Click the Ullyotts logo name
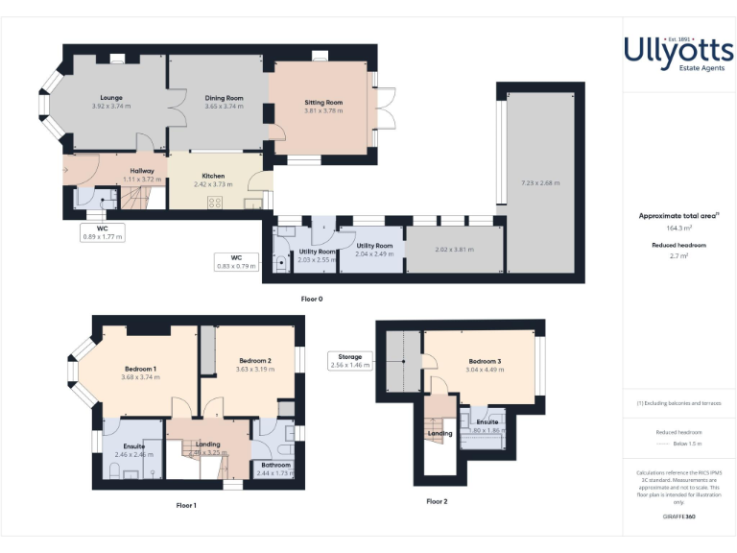[x=678, y=48]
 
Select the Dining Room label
[x=224, y=98]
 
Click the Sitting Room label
[x=323, y=103]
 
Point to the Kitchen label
[x=213, y=177]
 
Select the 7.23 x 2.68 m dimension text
[x=540, y=182]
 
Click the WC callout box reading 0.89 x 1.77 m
[x=103, y=231]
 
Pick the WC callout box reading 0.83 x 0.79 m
[x=236, y=261]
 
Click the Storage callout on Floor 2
[x=350, y=361]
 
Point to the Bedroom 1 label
[x=140, y=370]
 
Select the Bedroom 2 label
[x=254, y=361]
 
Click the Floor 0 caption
[x=312, y=300]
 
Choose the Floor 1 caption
[x=186, y=505]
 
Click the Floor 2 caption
[x=437, y=501]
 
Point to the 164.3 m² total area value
[x=678, y=228]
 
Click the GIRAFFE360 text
[x=678, y=517]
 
